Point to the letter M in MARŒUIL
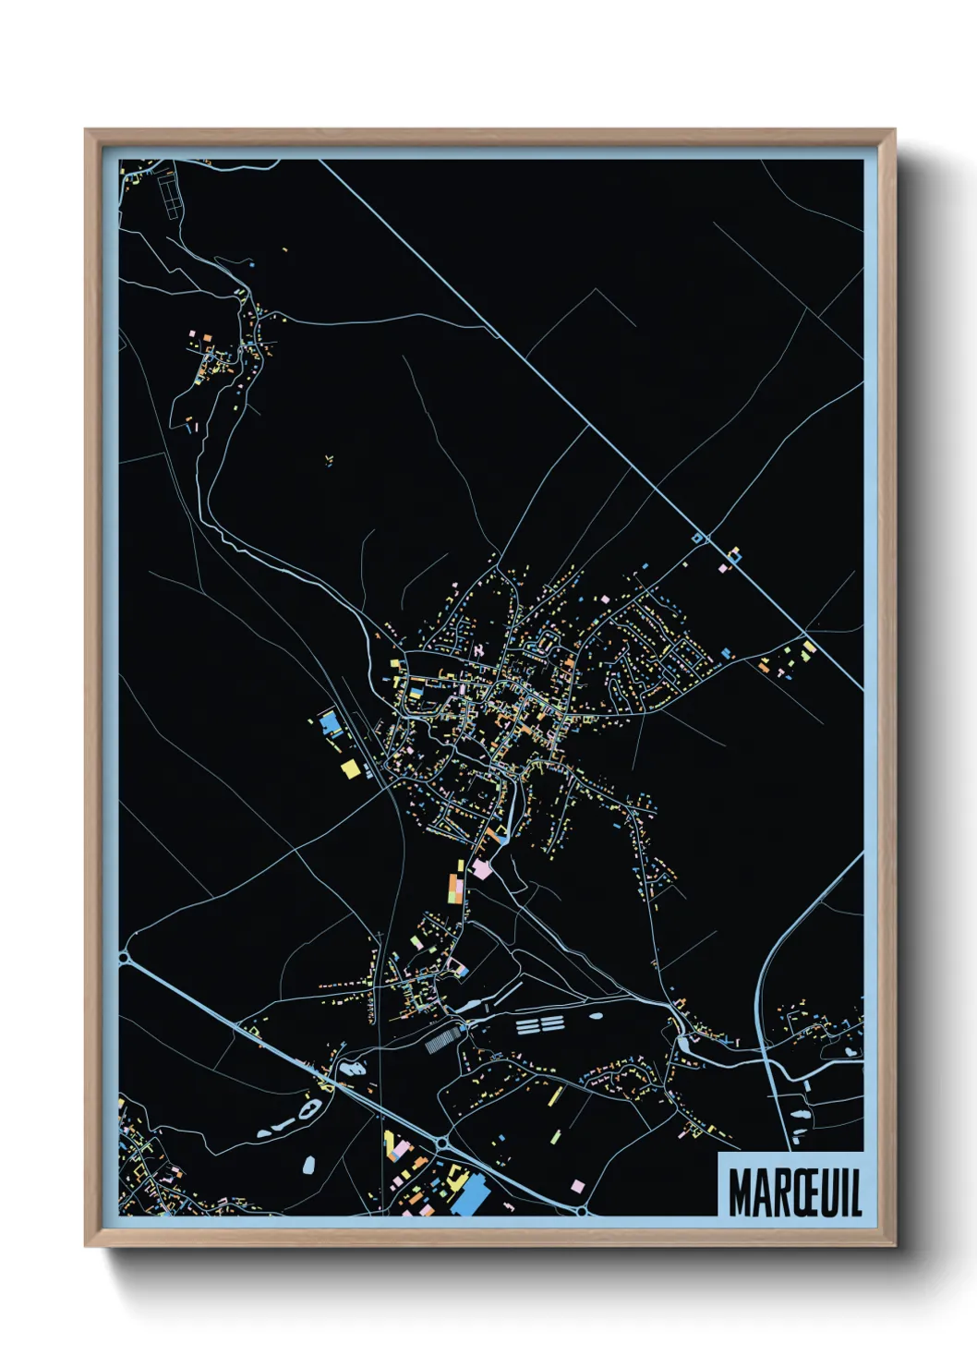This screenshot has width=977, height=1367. coord(740,1193)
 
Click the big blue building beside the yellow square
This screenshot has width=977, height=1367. coord(330,721)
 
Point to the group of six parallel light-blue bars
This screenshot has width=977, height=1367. coord(539,1024)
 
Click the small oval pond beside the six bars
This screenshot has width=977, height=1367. coord(596,1016)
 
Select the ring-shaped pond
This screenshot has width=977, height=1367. coord(309,1108)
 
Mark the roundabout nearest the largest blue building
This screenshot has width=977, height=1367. coord(441,1144)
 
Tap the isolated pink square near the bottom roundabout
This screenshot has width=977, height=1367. coord(577,1186)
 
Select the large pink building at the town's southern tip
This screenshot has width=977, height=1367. coord(481,868)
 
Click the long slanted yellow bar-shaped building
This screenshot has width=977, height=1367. coord(557,1096)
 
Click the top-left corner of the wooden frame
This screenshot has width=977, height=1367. coord(87,131)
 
